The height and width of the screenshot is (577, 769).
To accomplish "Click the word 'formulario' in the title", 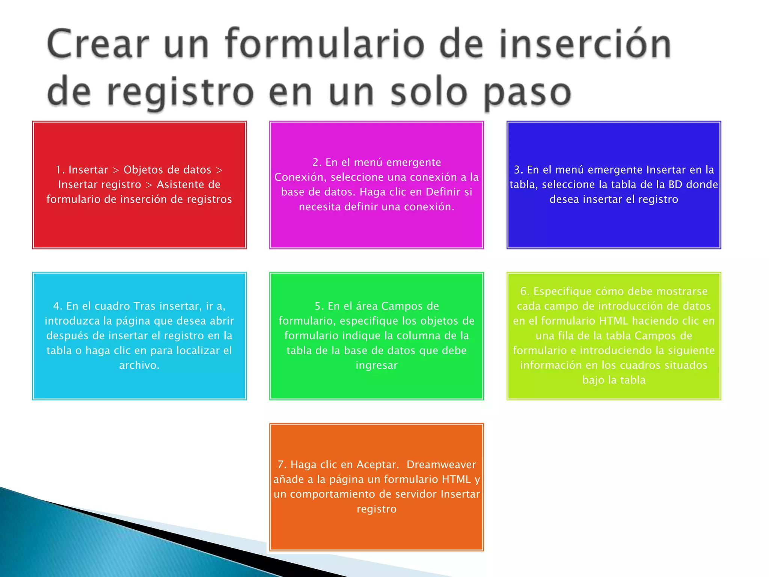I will coord(325,44).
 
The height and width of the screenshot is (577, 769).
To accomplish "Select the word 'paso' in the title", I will coord(527,93).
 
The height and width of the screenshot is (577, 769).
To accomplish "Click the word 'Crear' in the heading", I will coord(98,44).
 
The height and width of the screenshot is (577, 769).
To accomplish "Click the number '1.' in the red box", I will coord(60,170).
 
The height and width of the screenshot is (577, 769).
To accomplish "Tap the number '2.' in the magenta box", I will coord(317,162).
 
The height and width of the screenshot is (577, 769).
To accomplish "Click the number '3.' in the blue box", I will coord(519,170).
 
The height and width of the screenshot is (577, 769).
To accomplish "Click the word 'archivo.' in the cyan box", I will coord(139,365).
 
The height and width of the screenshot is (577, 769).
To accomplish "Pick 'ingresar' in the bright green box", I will coord(376,365).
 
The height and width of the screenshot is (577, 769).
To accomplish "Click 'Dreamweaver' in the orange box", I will coord(441,465).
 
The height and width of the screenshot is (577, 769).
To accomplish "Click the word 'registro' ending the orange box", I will coord(376,509).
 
